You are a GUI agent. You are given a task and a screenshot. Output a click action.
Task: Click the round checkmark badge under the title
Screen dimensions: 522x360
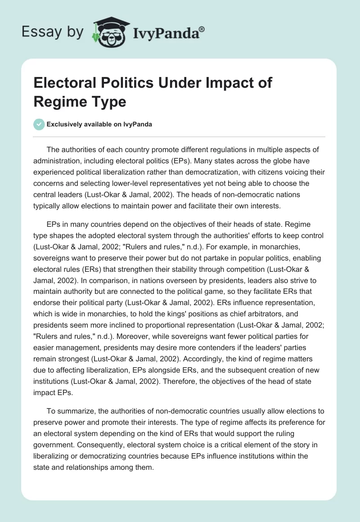(40, 125)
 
